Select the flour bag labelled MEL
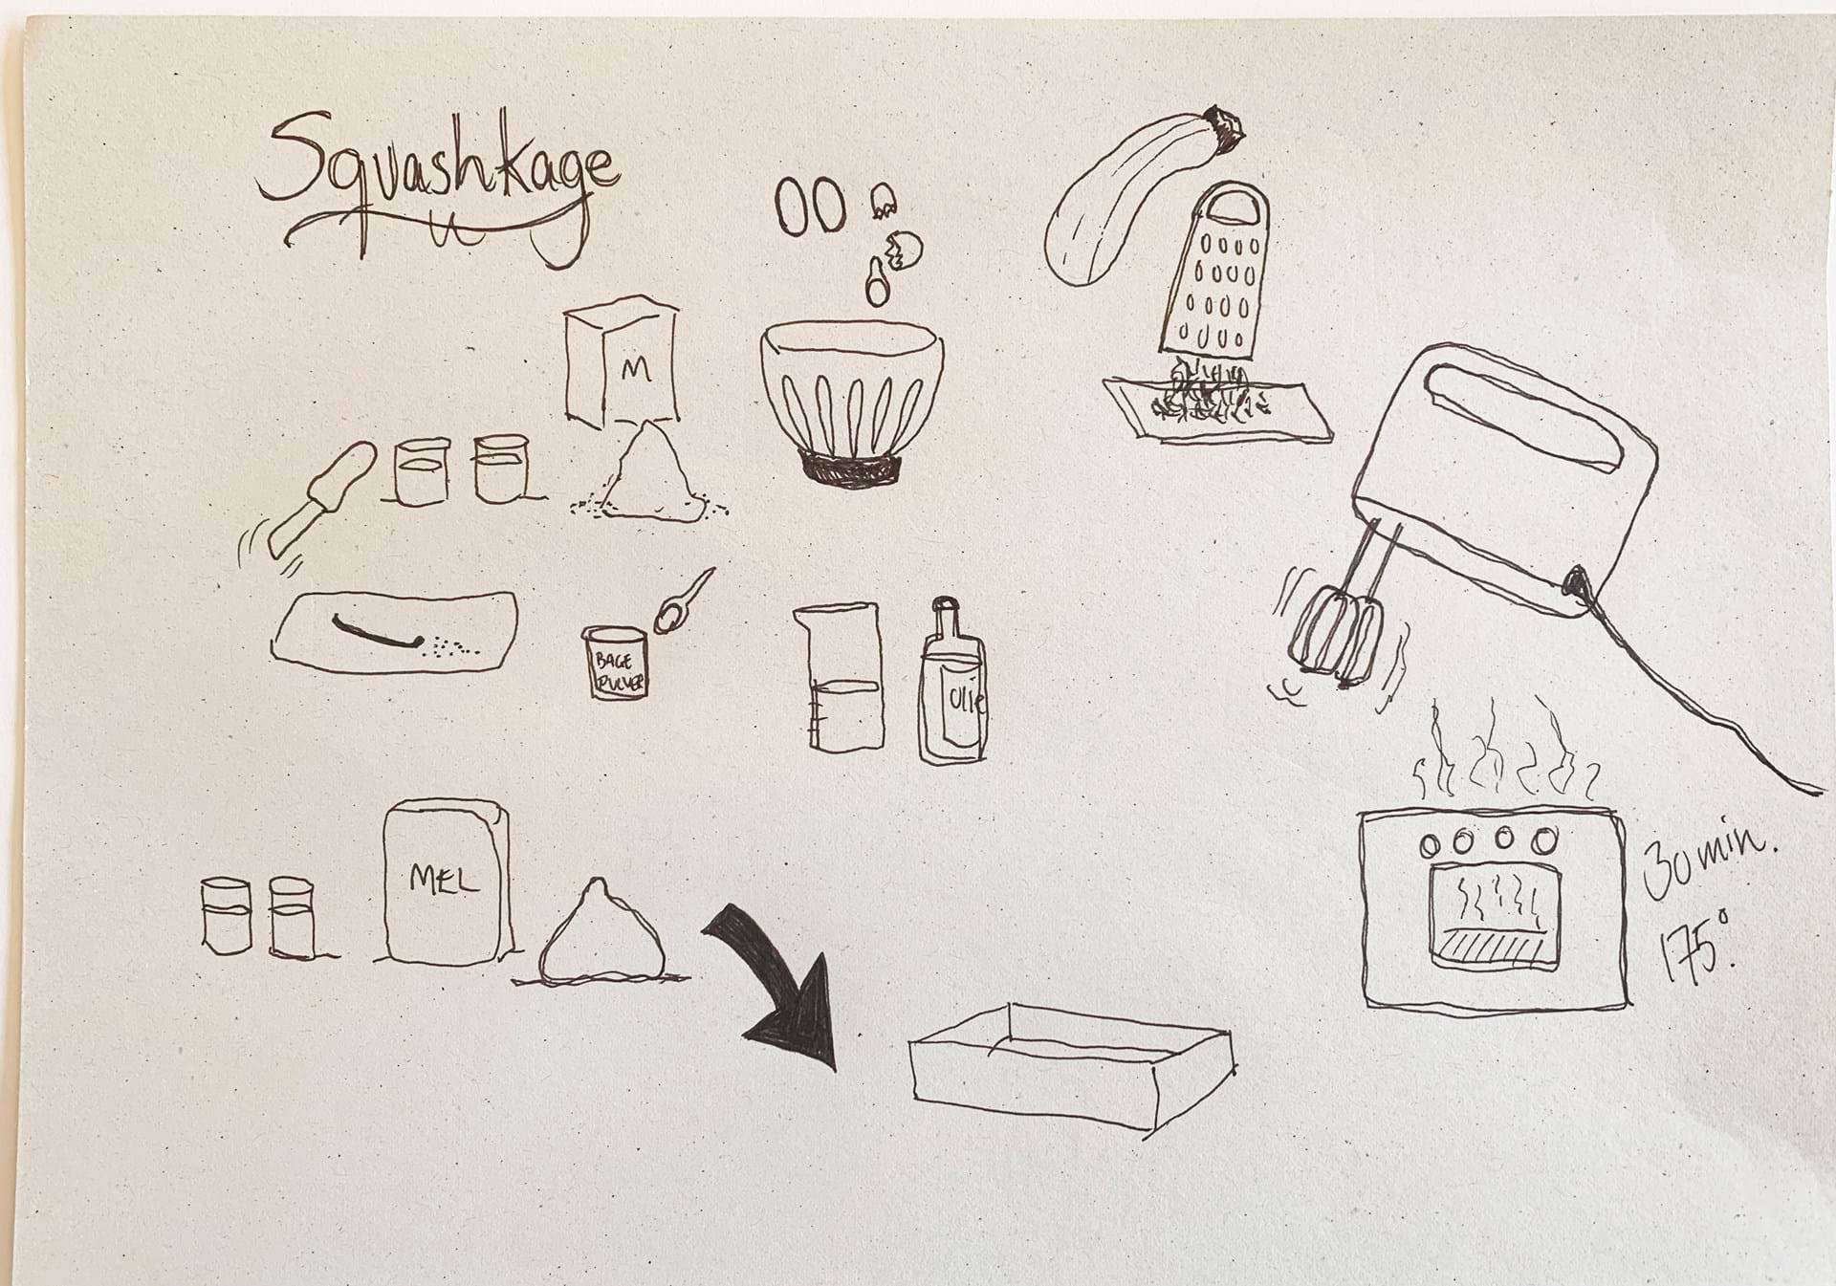(x=447, y=883)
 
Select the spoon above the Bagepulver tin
(x=683, y=601)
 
